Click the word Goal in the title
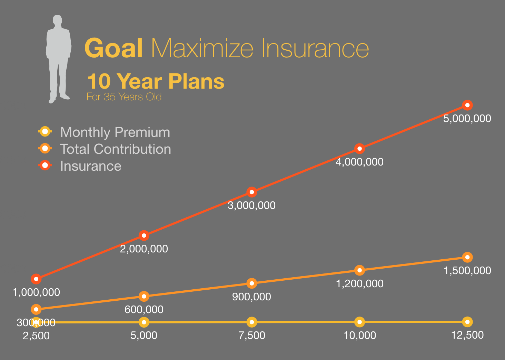click(x=113, y=48)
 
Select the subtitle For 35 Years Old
click(x=124, y=97)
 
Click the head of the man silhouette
click(x=57, y=20)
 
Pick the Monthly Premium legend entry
click(x=104, y=132)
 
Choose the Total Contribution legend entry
click(x=105, y=149)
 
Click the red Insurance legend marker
click(x=45, y=166)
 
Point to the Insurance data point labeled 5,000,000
click(x=467, y=105)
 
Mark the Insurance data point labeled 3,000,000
click(x=252, y=192)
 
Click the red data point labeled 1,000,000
click(x=36, y=279)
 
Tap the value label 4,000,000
click(x=359, y=162)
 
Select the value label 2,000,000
click(x=144, y=249)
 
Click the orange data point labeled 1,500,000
click(x=467, y=257)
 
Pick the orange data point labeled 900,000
click(x=252, y=283)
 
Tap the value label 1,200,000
click(x=359, y=283)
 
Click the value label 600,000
click(x=144, y=310)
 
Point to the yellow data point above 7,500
click(x=252, y=322)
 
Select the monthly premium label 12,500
click(x=467, y=335)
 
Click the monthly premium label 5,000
click(x=144, y=336)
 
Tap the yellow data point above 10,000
click(x=359, y=322)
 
